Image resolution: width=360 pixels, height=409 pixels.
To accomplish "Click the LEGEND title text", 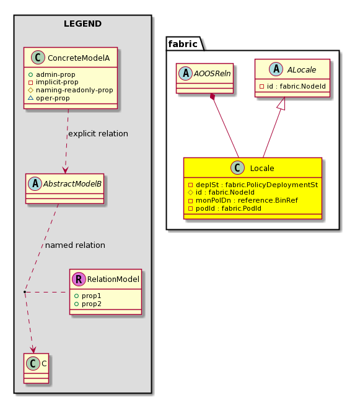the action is (82, 24).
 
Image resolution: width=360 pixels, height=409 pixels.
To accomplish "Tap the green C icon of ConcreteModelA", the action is (38, 58).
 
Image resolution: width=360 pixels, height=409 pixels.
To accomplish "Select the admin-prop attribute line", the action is (52, 74).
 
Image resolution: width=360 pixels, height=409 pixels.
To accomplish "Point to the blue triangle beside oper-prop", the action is (30, 98).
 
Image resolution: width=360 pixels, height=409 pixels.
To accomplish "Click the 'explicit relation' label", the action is (98, 134).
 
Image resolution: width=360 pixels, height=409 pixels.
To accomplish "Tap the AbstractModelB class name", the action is (72, 184).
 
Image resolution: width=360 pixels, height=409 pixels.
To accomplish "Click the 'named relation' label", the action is (75, 245).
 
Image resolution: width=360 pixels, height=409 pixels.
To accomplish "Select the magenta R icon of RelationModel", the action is (79, 279).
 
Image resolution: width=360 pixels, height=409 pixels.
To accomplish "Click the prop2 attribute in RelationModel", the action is (88, 304).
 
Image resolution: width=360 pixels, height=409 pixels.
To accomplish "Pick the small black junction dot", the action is (25, 292).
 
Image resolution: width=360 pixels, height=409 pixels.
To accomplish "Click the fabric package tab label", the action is (183, 44).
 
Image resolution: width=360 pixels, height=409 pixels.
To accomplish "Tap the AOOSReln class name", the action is (212, 74).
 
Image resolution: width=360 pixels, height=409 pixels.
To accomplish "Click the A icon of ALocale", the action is (276, 69).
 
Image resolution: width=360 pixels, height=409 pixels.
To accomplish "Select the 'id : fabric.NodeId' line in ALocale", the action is (292, 86).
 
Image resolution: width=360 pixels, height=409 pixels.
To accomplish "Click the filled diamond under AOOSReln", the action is (213, 97).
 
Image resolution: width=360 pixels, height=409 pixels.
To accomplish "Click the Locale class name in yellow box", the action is (262, 169).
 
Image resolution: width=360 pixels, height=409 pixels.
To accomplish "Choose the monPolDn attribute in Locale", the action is (243, 200).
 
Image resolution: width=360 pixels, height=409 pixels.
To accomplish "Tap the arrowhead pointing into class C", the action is (33, 350).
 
